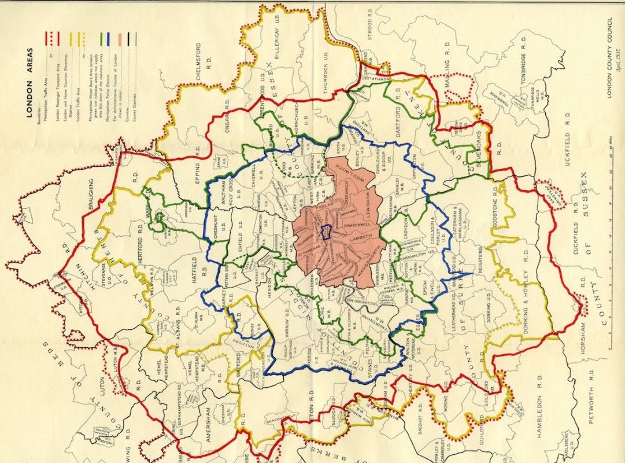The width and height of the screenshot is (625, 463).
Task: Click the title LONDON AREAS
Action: pyautogui.click(x=29, y=95)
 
